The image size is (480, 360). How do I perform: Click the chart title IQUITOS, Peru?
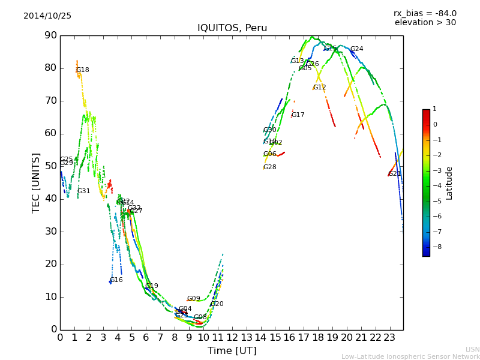[x=232, y=28]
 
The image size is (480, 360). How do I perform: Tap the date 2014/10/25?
[x=47, y=16]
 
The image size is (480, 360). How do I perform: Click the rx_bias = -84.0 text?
[x=425, y=13]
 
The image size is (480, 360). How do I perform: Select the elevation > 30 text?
[x=425, y=23]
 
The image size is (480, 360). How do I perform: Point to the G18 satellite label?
[x=82, y=70]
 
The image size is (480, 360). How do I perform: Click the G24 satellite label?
[x=356, y=49]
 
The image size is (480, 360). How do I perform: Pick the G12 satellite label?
[x=319, y=88]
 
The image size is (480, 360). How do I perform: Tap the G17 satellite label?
[x=298, y=115]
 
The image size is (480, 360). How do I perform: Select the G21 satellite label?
[x=394, y=174]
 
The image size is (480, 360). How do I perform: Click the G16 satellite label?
[x=116, y=280]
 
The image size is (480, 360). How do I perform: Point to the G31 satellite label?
[x=83, y=191]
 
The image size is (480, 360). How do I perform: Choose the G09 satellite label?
[x=193, y=299]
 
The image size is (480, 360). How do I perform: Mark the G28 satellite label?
[x=269, y=167]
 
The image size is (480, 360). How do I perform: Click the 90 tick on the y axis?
[x=50, y=35]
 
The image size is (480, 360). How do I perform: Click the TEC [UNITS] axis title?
[x=36, y=182]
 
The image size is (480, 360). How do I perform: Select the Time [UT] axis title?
[x=232, y=351]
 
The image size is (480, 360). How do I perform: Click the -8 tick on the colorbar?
[x=435, y=246]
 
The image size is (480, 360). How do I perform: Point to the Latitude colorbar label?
[x=449, y=183]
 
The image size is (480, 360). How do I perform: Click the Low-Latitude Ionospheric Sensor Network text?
[x=410, y=357]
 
